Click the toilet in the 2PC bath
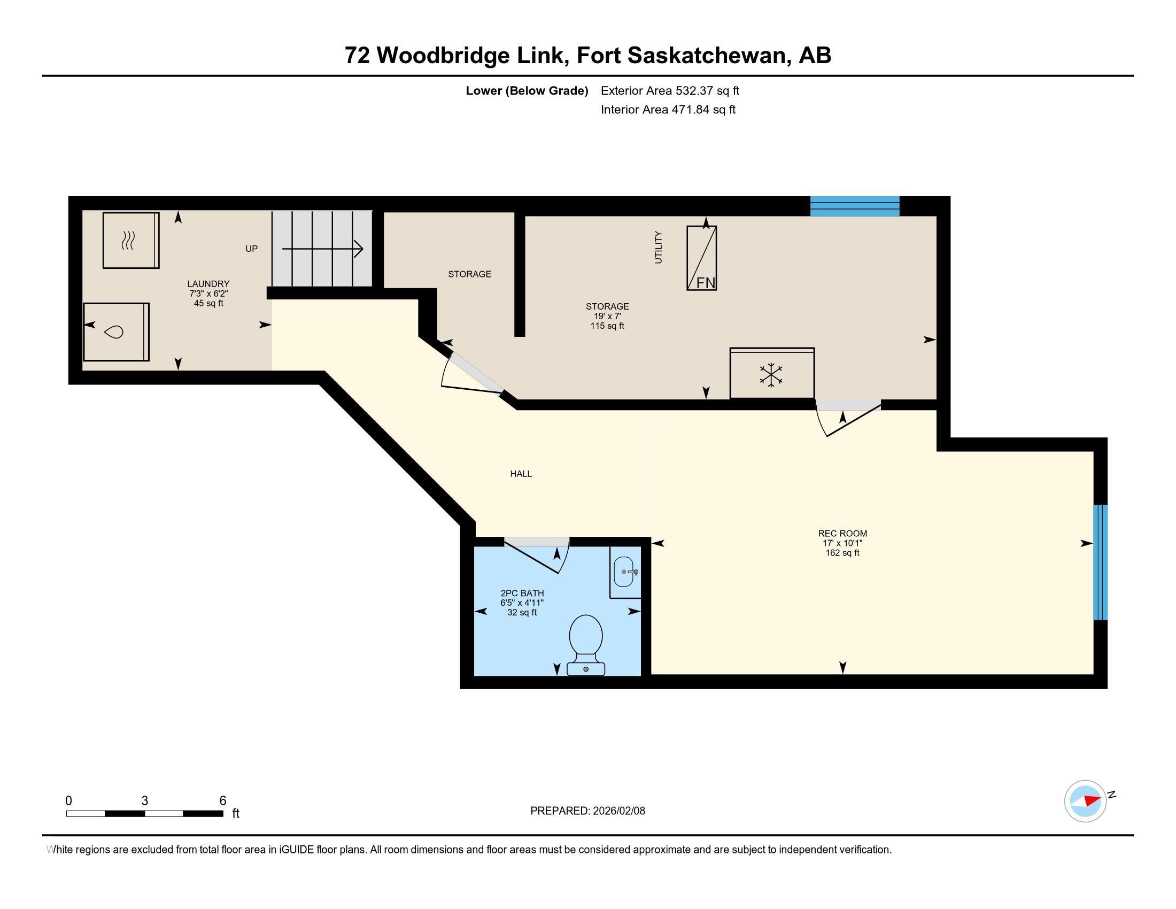point(586,645)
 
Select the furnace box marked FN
point(702,258)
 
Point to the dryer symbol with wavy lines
point(131,240)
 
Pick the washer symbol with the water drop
point(116,332)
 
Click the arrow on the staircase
point(322,249)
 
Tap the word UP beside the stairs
point(251,249)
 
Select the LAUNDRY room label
point(208,284)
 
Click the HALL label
point(521,474)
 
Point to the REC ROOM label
point(842,534)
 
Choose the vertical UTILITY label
point(658,247)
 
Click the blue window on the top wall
point(855,206)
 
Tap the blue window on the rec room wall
point(1100,562)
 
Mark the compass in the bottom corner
point(1086,801)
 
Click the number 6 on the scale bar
point(223,801)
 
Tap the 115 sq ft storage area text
point(607,326)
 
